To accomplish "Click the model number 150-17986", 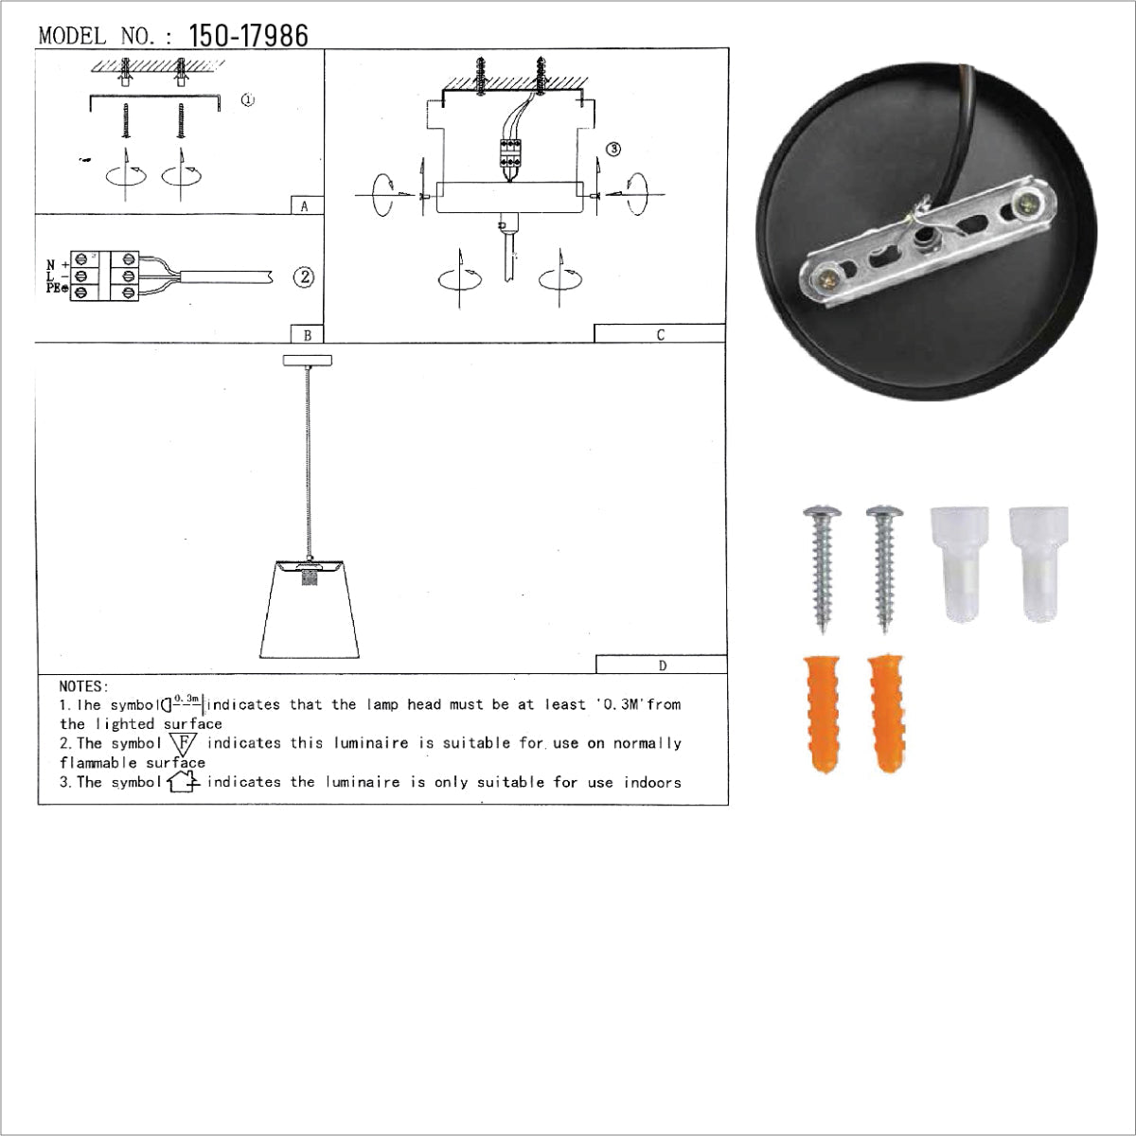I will (248, 36).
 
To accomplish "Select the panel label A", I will (304, 206).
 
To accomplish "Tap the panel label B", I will (307, 335).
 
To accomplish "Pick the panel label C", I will (660, 334).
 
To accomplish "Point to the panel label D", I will (662, 666).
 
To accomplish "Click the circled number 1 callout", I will (247, 100).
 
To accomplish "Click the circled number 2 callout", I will (304, 277).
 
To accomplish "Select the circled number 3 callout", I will (613, 149).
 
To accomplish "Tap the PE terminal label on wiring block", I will (57, 288).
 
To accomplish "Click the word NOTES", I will (84, 686).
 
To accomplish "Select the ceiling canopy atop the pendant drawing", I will (308, 360).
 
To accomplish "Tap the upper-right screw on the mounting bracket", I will (1023, 202).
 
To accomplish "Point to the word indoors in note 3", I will (652, 782).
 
